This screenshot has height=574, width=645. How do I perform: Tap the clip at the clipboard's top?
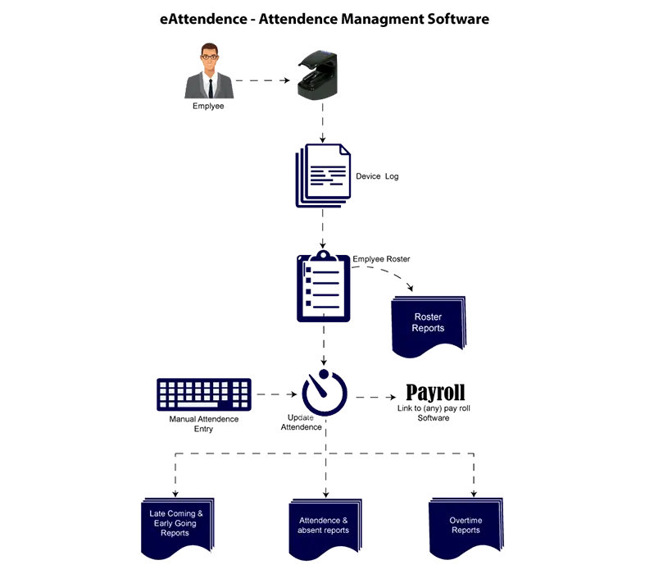[x=324, y=255]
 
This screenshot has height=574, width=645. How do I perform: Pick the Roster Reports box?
[x=429, y=326]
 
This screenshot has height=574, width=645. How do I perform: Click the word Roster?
[x=429, y=317]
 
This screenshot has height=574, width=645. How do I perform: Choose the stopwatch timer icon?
[x=325, y=393]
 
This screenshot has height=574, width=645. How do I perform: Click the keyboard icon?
[x=203, y=394]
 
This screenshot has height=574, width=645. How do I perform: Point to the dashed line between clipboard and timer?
[x=325, y=344]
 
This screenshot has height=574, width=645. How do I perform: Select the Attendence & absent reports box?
[x=324, y=526]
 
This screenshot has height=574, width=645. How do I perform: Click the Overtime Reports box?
[x=466, y=526]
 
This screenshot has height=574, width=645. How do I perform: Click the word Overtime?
[x=466, y=520]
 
